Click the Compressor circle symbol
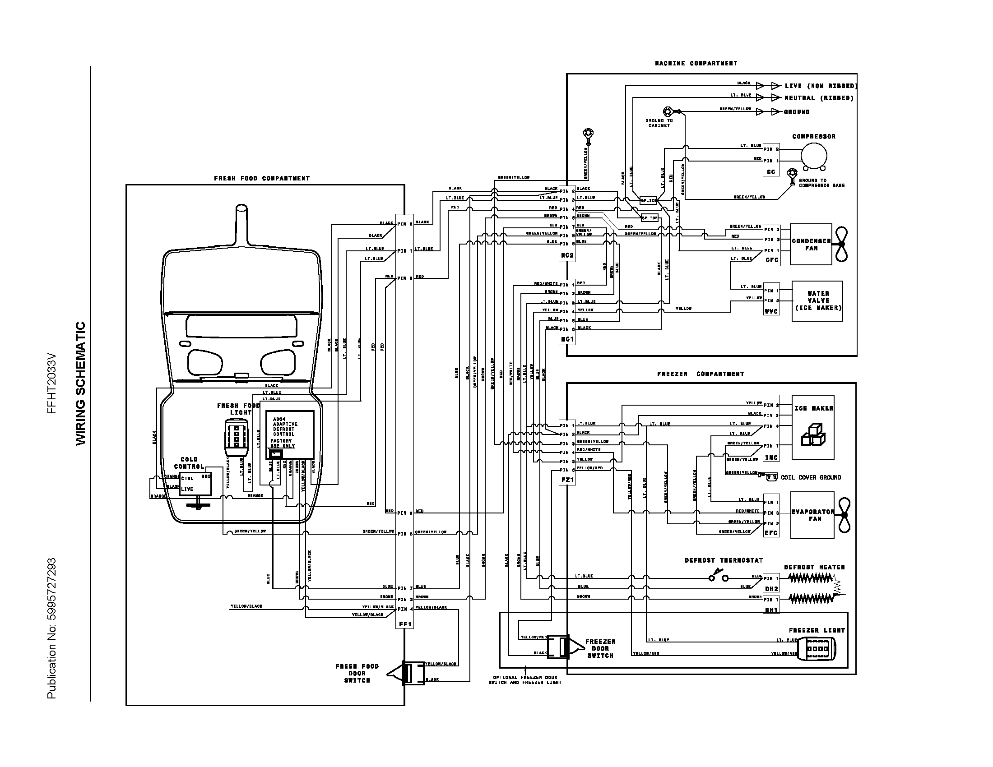click(x=813, y=156)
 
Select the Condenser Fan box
click(x=811, y=245)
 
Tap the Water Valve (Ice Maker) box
click(x=817, y=301)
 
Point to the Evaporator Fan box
click(x=812, y=515)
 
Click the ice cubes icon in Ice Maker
click(x=813, y=435)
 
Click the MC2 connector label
click(x=567, y=255)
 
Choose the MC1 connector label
click(x=567, y=339)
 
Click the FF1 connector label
click(x=405, y=624)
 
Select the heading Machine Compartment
click(x=696, y=63)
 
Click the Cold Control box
click(x=195, y=483)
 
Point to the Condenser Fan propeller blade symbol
click(x=842, y=245)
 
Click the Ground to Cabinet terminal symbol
click(x=668, y=111)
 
